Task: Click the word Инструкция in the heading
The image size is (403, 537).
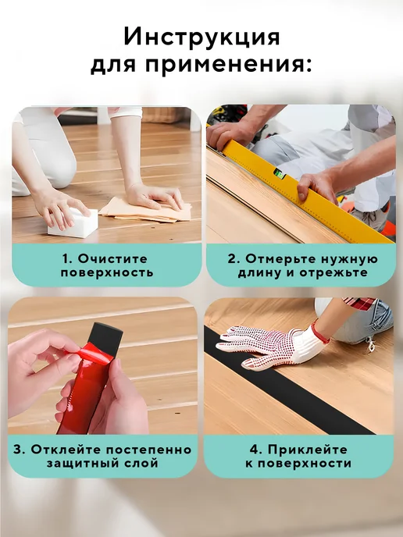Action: [201, 37]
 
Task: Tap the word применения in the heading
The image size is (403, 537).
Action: [226, 64]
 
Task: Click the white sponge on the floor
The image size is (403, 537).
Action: [73, 222]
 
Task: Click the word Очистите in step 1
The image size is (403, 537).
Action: [112, 258]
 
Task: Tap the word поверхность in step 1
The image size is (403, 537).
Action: [107, 273]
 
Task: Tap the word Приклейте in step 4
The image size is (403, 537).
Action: [308, 450]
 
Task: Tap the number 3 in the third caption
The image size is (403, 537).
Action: [18, 450]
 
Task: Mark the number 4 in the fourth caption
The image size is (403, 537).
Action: [254, 450]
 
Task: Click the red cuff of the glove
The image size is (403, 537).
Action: [320, 333]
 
